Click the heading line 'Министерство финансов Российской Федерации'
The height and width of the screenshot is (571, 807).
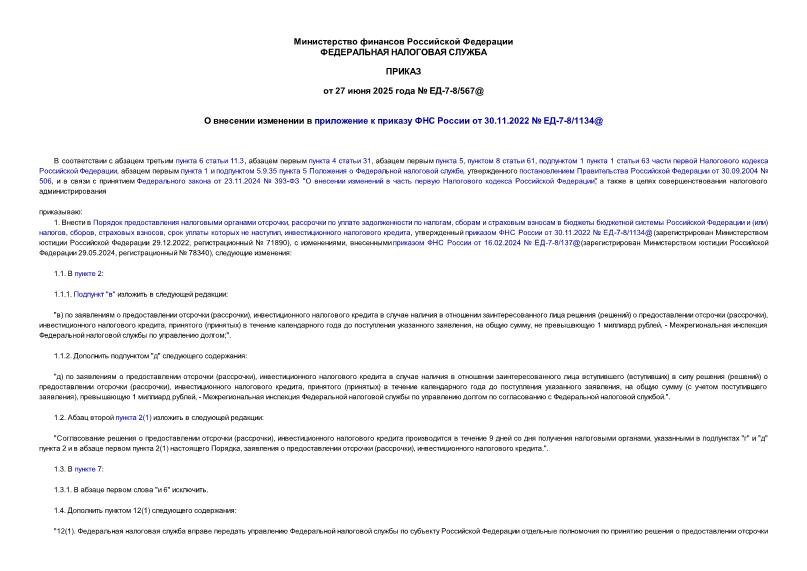[x=403, y=41]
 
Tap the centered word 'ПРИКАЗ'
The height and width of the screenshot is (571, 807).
[x=403, y=72]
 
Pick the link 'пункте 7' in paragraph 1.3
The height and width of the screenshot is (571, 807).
[x=89, y=468]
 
